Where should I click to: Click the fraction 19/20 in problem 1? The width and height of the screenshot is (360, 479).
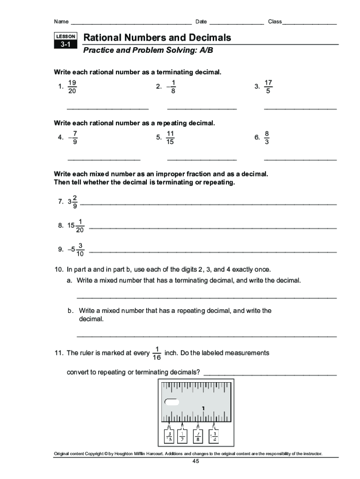[72, 87]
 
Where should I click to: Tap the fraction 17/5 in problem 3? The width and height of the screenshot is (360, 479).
[268, 87]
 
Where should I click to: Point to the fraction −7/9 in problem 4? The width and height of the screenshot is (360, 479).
[73, 138]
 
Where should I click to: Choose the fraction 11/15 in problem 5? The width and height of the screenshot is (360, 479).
[170, 138]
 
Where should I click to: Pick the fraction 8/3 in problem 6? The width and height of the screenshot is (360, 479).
[266, 138]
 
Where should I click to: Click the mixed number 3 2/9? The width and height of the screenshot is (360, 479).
[72, 202]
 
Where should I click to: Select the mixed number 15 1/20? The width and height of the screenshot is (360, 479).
[76, 225]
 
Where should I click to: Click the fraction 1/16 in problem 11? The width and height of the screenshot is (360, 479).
[157, 353]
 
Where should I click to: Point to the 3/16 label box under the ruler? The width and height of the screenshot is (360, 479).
[169, 436]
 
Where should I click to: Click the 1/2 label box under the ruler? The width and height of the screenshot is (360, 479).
[183, 436]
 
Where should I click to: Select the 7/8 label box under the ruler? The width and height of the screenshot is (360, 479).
[199, 436]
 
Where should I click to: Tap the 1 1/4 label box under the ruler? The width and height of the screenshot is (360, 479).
[215, 436]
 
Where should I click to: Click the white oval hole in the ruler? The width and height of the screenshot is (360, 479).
[172, 402]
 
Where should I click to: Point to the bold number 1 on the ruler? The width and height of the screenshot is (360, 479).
[203, 408]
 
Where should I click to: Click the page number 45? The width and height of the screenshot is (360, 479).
[195, 462]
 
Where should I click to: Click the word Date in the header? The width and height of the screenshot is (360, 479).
[201, 22]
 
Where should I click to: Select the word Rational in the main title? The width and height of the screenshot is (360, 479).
[103, 37]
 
